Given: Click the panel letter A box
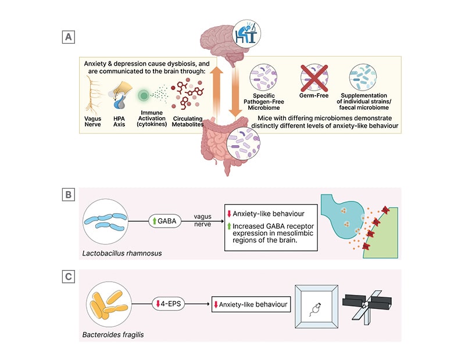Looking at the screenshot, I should pyautogui.click(x=69, y=38).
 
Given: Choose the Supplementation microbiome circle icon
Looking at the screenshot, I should pyautogui.click(x=364, y=78).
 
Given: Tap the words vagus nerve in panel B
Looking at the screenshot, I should pyautogui.click(x=203, y=221).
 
